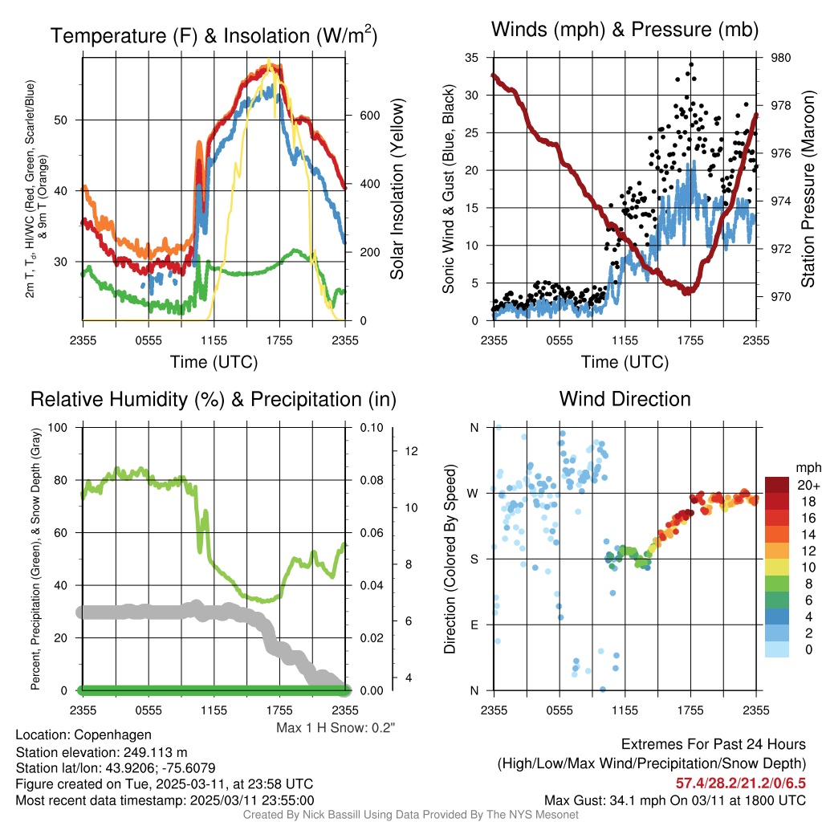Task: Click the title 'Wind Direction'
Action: [625, 399]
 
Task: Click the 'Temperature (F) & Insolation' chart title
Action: [214, 36]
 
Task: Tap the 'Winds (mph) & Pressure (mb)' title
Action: [625, 30]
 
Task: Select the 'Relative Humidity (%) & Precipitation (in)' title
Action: [214, 399]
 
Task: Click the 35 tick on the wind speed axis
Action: [472, 58]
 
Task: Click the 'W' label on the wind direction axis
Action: [474, 493]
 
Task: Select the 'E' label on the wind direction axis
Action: [474, 625]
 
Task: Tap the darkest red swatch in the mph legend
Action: [776, 485]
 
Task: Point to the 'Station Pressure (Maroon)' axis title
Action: [808, 188]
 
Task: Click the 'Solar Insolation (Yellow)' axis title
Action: [397, 189]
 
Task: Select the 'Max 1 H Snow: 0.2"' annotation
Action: [336, 728]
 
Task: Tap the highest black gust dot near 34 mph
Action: [691, 65]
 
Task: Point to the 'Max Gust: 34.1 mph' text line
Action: [674, 800]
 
